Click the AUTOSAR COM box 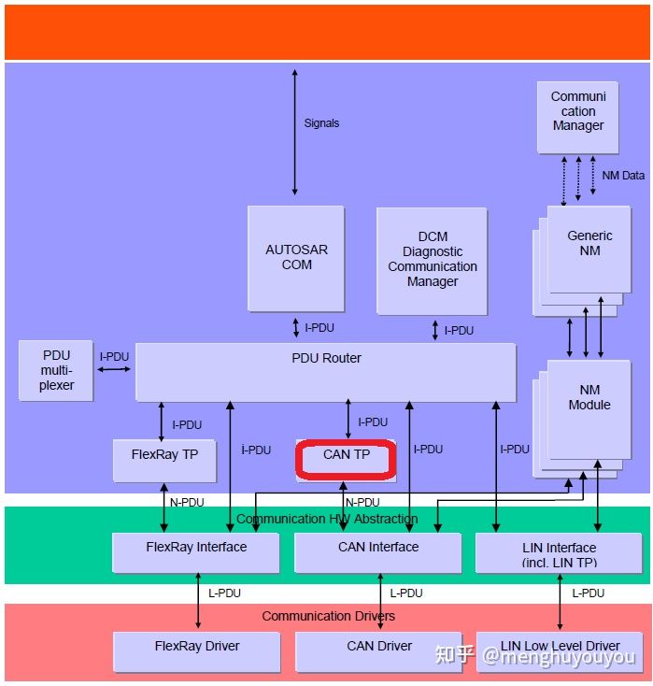[296, 258]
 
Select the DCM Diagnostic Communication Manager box [432, 260]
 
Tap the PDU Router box [326, 371]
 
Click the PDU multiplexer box [56, 371]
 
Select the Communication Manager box [577, 117]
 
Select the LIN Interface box [559, 553]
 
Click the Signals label [321, 123]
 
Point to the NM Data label [623, 176]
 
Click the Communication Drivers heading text [328, 616]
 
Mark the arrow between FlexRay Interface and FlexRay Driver [198, 602]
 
